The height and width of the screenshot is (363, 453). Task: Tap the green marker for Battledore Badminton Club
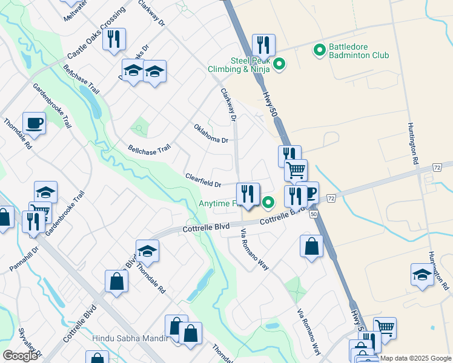click(319, 50)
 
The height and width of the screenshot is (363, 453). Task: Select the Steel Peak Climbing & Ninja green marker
click(279, 64)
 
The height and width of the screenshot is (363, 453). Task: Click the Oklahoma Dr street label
click(211, 133)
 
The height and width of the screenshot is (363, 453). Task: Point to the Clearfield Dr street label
click(203, 180)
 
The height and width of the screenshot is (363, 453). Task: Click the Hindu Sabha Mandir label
click(129, 338)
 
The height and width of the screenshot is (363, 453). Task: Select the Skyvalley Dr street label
click(30, 342)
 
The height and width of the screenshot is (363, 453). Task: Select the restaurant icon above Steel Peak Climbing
click(263, 45)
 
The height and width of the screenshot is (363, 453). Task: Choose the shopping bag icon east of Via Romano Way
click(311, 246)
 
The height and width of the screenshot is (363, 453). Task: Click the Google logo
click(21, 356)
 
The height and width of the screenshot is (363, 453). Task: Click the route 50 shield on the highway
click(313, 214)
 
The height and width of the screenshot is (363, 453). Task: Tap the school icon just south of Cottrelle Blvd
click(147, 250)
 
